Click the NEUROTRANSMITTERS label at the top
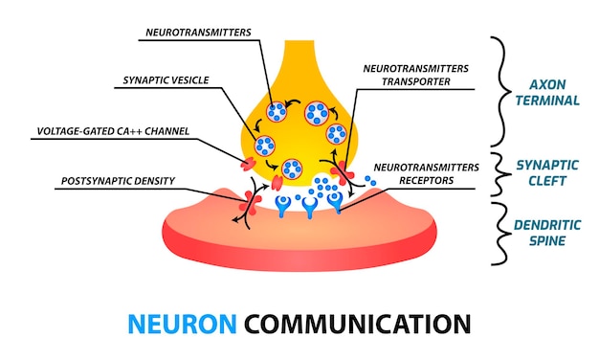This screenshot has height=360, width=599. pos(198,32)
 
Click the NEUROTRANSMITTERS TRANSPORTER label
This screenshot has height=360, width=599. pos(418,76)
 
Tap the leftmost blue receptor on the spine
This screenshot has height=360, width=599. pos(282,204)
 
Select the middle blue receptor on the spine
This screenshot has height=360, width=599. pos(308,204)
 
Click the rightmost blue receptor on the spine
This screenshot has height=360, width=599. pos(335,200)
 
